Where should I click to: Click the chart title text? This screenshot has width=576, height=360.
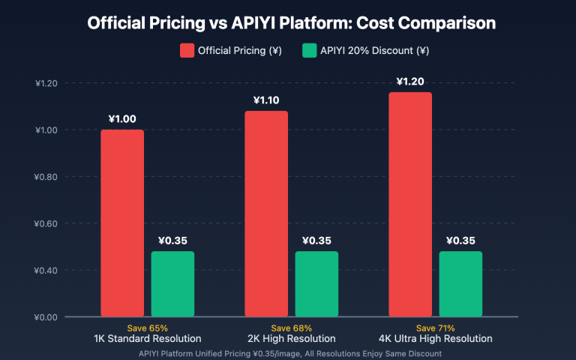(x=291, y=23)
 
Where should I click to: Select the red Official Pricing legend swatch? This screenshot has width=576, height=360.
(x=186, y=51)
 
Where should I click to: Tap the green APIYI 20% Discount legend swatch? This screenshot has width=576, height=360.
(x=309, y=51)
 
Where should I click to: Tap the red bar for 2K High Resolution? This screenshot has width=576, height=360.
(x=266, y=214)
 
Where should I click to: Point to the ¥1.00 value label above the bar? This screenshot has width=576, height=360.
(x=122, y=118)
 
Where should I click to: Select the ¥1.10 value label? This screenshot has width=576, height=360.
(x=266, y=100)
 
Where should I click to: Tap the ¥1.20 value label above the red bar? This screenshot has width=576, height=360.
(x=410, y=81)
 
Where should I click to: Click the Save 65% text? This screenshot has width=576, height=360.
(x=148, y=328)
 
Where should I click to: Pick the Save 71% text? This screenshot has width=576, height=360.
(x=435, y=328)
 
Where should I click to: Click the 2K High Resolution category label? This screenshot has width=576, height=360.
(x=292, y=339)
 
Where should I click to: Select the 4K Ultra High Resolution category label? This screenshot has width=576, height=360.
(x=435, y=339)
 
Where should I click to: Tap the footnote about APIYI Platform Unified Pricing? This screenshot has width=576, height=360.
(x=290, y=352)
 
